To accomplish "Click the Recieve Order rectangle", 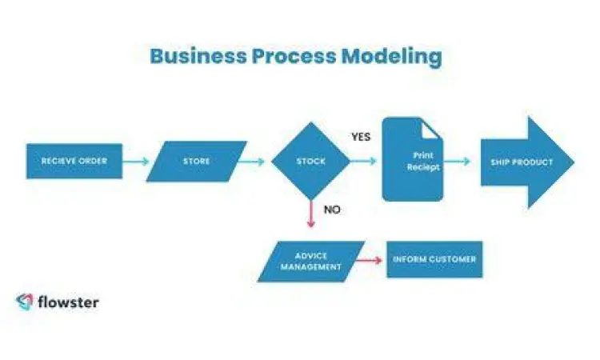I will (x=74, y=162).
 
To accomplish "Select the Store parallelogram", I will (x=197, y=162).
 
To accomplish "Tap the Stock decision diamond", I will (x=310, y=162).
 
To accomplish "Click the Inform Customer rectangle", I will (x=434, y=259).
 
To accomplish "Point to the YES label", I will (x=361, y=137).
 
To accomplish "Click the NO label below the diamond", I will (x=332, y=210).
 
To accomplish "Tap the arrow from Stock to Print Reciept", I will (x=364, y=162).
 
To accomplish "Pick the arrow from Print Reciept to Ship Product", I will (x=458, y=162).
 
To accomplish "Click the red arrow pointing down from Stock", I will (x=310, y=214).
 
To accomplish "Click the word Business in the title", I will (x=198, y=58).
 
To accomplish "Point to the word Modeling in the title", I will (x=391, y=58).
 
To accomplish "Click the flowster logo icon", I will (x=24, y=302).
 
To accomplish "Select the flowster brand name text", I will (x=68, y=302).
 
